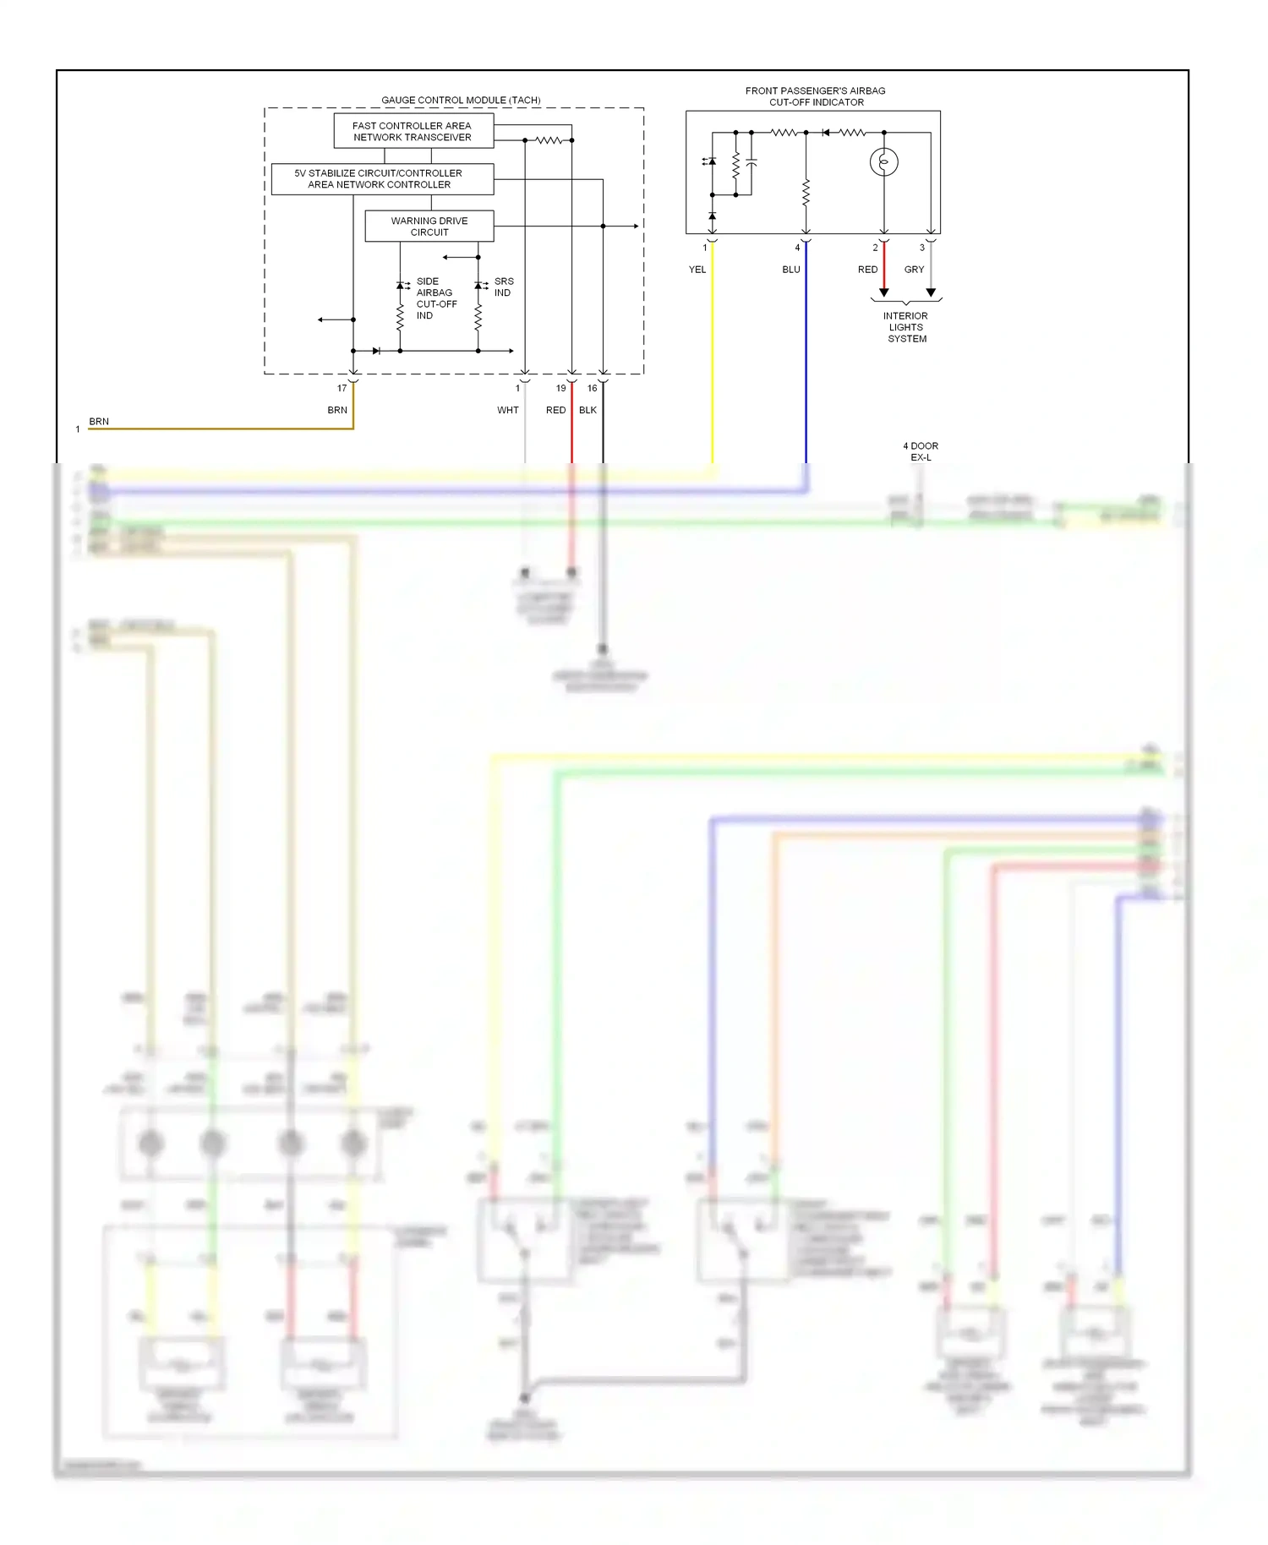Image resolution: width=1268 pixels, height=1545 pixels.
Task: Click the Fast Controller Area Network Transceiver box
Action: pyautogui.click(x=413, y=131)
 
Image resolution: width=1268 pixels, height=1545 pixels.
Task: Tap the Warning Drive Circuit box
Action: pyautogui.click(x=429, y=226)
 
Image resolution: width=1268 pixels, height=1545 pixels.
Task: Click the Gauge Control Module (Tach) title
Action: pyautogui.click(x=461, y=100)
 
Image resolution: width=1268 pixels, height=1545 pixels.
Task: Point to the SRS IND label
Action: pyautogui.click(x=504, y=287)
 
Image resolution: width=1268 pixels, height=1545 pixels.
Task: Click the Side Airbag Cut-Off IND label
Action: pyautogui.click(x=435, y=298)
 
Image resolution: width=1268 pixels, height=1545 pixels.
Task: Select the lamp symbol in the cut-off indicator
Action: pyautogui.click(x=883, y=161)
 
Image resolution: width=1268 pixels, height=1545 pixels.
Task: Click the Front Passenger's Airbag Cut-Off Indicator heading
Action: pyautogui.click(x=815, y=96)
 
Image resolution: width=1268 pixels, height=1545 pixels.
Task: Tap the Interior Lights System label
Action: pyautogui.click(x=906, y=327)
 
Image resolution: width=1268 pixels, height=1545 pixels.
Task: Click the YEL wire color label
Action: pyautogui.click(x=697, y=270)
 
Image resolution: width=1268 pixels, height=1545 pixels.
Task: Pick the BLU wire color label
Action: pyautogui.click(x=790, y=270)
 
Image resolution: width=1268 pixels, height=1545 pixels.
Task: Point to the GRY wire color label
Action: pyautogui.click(x=914, y=270)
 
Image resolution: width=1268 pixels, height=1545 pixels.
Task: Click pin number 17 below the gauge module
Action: pyautogui.click(x=342, y=389)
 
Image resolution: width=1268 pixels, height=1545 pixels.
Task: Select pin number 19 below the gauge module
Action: pyautogui.click(x=560, y=389)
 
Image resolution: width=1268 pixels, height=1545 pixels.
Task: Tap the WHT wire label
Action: pyautogui.click(x=507, y=410)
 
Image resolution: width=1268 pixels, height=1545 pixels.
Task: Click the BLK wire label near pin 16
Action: pyautogui.click(x=588, y=410)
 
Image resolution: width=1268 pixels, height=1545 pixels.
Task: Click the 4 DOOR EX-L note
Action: pyautogui.click(x=921, y=451)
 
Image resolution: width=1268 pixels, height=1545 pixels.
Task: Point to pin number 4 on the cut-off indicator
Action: pyautogui.click(x=797, y=248)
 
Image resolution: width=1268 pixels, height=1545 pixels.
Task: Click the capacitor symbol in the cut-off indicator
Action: pyautogui.click(x=752, y=162)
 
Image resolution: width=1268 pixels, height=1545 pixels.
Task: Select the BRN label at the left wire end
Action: pyautogui.click(x=99, y=421)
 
